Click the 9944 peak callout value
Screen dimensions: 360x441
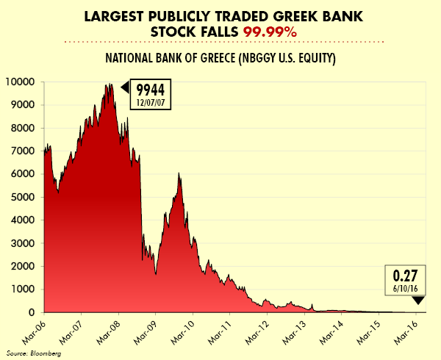click(x=151, y=89)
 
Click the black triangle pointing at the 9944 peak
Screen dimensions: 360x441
click(x=125, y=88)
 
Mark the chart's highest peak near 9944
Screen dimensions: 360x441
click(x=109, y=84)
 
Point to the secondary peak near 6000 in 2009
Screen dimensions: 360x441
click(x=179, y=173)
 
